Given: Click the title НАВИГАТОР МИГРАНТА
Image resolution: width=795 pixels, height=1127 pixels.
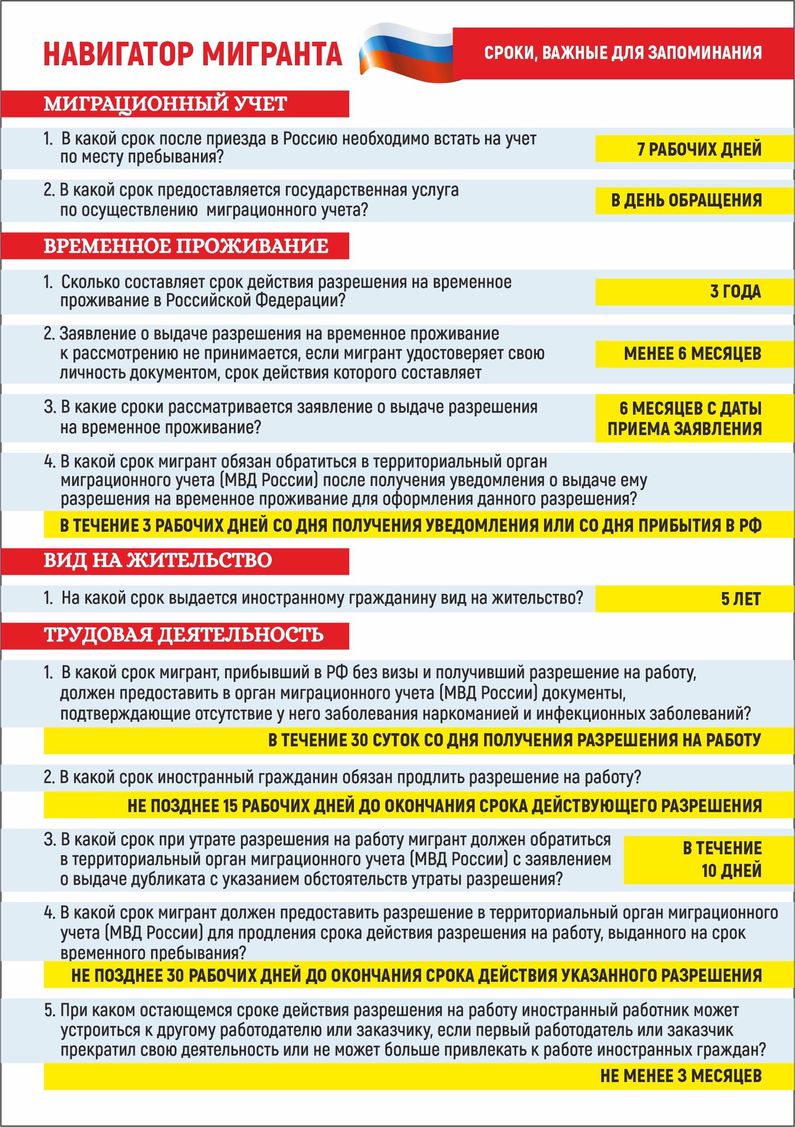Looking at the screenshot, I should (x=192, y=54).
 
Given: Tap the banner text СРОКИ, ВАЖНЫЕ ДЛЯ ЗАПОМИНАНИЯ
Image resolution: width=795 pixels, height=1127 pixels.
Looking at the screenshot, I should (x=623, y=53).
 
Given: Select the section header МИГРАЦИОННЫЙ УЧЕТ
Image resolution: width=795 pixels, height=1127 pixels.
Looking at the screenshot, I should (x=166, y=103).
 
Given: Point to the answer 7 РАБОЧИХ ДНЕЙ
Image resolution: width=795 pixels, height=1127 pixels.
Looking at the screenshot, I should (x=699, y=149).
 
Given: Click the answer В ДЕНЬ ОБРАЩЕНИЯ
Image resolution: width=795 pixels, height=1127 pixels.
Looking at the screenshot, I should (x=686, y=200).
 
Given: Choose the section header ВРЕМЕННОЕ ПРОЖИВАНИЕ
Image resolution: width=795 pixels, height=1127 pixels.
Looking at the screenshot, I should (x=186, y=246).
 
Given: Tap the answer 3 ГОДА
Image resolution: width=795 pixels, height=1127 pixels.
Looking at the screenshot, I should (x=735, y=292).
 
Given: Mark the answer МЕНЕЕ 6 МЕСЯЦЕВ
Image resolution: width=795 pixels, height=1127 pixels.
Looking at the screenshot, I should (x=692, y=353).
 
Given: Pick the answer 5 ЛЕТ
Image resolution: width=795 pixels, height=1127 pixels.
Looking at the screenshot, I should (x=741, y=599).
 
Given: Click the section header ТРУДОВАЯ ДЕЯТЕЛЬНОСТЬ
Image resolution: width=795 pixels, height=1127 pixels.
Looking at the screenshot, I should (x=184, y=635).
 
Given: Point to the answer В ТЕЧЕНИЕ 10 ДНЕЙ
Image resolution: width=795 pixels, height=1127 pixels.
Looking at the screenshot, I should (x=722, y=859).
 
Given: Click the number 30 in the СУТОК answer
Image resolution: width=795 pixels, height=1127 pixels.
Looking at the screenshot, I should (x=359, y=740).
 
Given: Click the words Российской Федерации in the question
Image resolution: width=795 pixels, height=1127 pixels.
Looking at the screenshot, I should (x=255, y=300).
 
